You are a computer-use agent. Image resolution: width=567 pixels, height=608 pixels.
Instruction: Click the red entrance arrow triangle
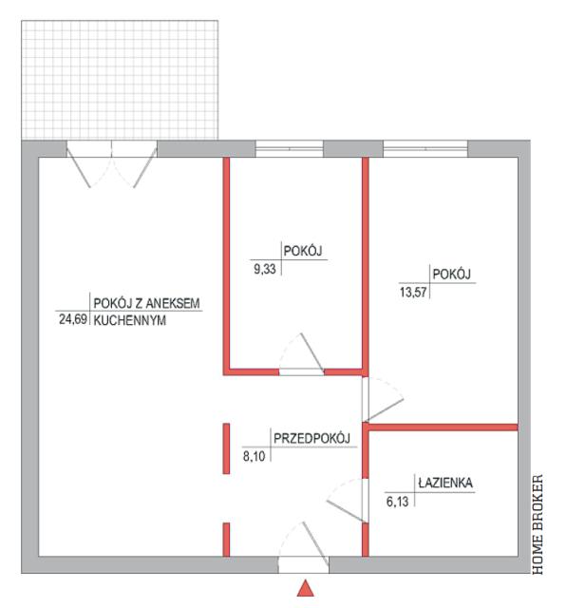pos(306,588)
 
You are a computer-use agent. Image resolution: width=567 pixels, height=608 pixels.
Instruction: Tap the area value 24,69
pos(73,319)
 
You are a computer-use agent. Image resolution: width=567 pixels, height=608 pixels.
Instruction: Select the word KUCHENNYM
pos(130,321)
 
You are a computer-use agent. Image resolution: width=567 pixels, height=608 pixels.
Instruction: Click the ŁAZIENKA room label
pos(445,483)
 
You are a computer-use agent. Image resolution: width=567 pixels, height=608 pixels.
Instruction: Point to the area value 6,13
pos(397,502)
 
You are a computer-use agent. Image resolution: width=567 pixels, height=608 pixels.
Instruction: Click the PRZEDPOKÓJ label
pos(312,438)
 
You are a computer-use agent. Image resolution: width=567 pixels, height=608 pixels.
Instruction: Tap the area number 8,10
pos(254,456)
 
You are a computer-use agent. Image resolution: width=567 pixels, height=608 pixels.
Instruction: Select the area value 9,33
pos(265,269)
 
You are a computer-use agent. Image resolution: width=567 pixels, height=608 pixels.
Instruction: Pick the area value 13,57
pos(413,292)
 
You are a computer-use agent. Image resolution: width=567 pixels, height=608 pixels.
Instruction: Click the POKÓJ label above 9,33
pos(303,251)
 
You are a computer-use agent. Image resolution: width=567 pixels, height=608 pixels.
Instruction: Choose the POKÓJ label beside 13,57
pos(451,275)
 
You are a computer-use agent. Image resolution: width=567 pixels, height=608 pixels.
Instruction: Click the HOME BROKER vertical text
pos(538,524)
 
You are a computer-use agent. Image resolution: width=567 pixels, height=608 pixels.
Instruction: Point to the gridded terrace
pos(120,80)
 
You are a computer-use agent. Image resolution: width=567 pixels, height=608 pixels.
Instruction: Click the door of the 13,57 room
pos(383,399)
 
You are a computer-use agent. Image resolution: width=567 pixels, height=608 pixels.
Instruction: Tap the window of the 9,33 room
pos(289,149)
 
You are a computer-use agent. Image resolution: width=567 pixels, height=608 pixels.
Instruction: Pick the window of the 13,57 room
pos(425,149)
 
